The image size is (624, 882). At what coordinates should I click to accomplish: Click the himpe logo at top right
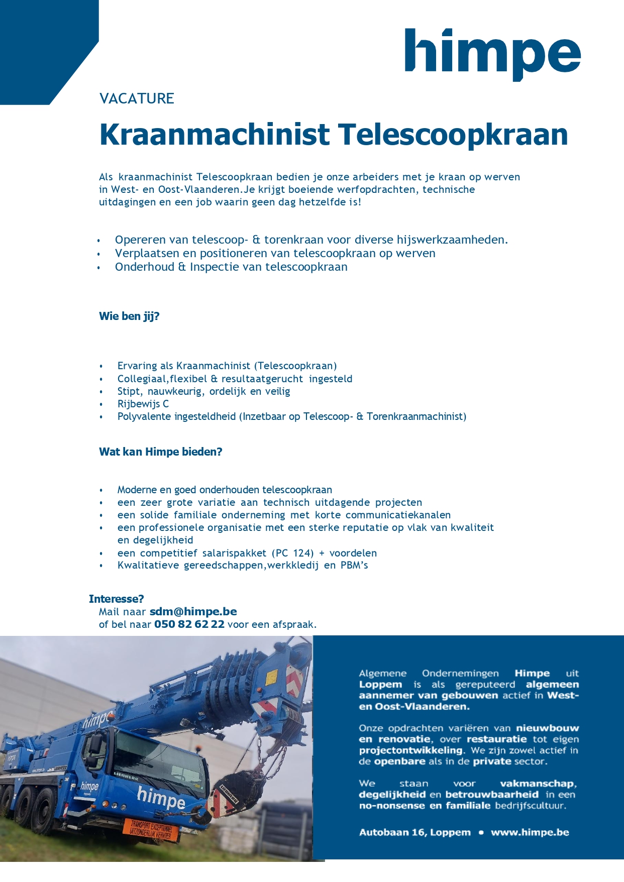click(492, 53)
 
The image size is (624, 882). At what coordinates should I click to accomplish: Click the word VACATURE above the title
click(137, 98)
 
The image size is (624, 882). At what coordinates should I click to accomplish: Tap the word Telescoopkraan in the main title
click(453, 135)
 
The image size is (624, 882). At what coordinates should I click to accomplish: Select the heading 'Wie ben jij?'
click(129, 316)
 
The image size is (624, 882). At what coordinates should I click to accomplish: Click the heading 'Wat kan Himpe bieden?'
click(160, 452)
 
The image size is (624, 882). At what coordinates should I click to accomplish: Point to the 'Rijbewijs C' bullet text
click(143, 404)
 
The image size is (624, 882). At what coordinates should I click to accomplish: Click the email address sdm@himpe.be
click(193, 612)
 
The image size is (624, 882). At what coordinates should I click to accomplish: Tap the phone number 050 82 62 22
click(189, 624)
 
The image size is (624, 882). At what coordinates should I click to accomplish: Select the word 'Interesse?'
click(116, 599)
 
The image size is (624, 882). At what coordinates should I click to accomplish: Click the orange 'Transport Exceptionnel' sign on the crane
click(151, 829)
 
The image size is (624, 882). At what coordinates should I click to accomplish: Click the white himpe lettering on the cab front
click(161, 797)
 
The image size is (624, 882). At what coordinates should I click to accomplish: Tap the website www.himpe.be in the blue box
click(530, 832)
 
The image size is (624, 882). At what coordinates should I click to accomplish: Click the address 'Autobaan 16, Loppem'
click(414, 832)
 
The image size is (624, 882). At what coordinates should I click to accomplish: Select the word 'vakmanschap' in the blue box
click(537, 784)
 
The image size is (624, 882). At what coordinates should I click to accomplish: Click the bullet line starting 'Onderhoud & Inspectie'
click(231, 267)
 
